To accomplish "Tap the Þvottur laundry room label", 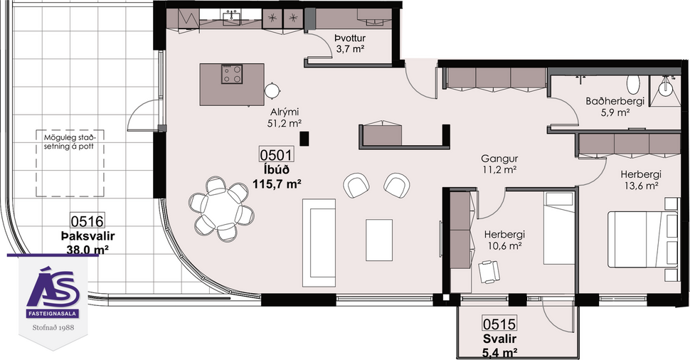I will point(349,38).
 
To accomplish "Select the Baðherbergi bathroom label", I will point(615,101).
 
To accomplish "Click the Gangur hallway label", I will point(498,159).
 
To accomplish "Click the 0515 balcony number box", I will point(499,324).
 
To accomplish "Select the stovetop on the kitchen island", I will point(233,74).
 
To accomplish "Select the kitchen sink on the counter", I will point(232,17).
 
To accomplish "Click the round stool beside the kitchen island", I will point(272,90).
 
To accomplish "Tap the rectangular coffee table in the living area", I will point(379,240).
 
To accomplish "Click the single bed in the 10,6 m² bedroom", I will point(558,229).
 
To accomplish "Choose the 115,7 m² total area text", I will point(277,183).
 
